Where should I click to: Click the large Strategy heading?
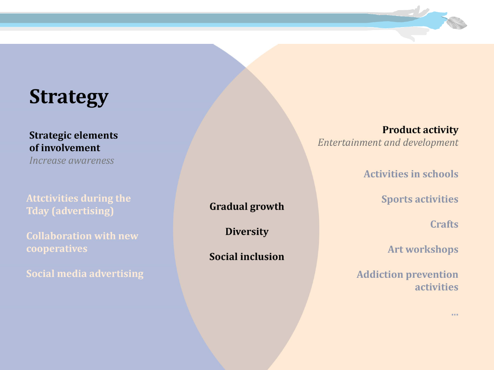point(69,97)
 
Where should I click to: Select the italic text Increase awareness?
point(71,160)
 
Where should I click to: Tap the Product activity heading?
point(420,130)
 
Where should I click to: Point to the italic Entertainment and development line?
point(388,143)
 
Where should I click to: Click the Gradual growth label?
point(247,206)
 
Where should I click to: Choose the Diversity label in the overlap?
point(247,232)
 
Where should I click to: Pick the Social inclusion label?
point(247,257)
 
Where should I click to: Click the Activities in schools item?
point(411,174)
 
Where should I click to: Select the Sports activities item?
point(420,199)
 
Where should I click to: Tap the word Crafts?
point(444,224)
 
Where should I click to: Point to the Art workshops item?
point(423,249)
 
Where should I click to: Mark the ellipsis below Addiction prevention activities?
point(455,314)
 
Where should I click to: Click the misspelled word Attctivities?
point(52,198)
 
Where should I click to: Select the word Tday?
point(38,211)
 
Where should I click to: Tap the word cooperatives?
point(57,249)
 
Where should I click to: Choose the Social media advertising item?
point(85,274)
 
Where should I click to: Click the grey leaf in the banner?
point(456,23)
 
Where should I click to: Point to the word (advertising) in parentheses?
point(82,211)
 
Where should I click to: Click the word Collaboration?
point(59,236)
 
